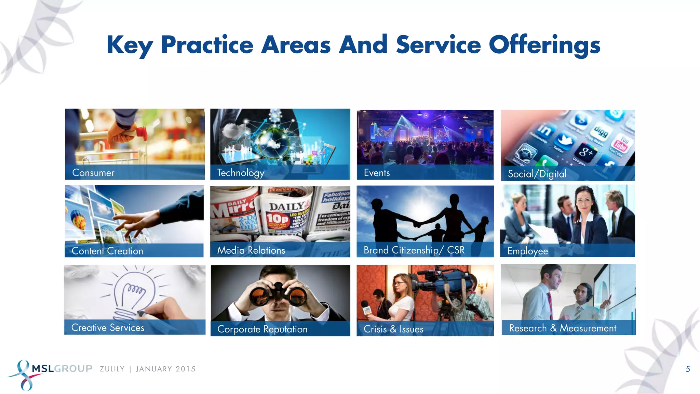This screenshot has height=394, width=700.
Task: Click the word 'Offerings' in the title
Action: [544, 45]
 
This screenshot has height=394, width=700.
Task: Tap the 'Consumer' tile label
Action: [93, 173]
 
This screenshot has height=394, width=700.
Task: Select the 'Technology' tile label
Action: [241, 173]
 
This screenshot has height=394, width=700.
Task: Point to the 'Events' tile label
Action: [377, 173]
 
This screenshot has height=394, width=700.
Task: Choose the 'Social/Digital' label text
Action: [537, 174]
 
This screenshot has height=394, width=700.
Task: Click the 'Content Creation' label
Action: [107, 251]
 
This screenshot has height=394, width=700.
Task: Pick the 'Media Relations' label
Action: [251, 250]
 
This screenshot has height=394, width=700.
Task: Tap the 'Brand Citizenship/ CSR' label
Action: [414, 250]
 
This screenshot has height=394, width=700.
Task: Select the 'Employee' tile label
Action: [527, 251]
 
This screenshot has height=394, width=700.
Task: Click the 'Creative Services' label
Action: [108, 328]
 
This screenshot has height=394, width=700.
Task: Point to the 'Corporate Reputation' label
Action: [262, 329]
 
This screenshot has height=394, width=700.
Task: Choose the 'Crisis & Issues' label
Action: [393, 329]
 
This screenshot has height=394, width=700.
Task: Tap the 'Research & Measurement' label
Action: [563, 328]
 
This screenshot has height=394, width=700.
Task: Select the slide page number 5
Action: [688, 369]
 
